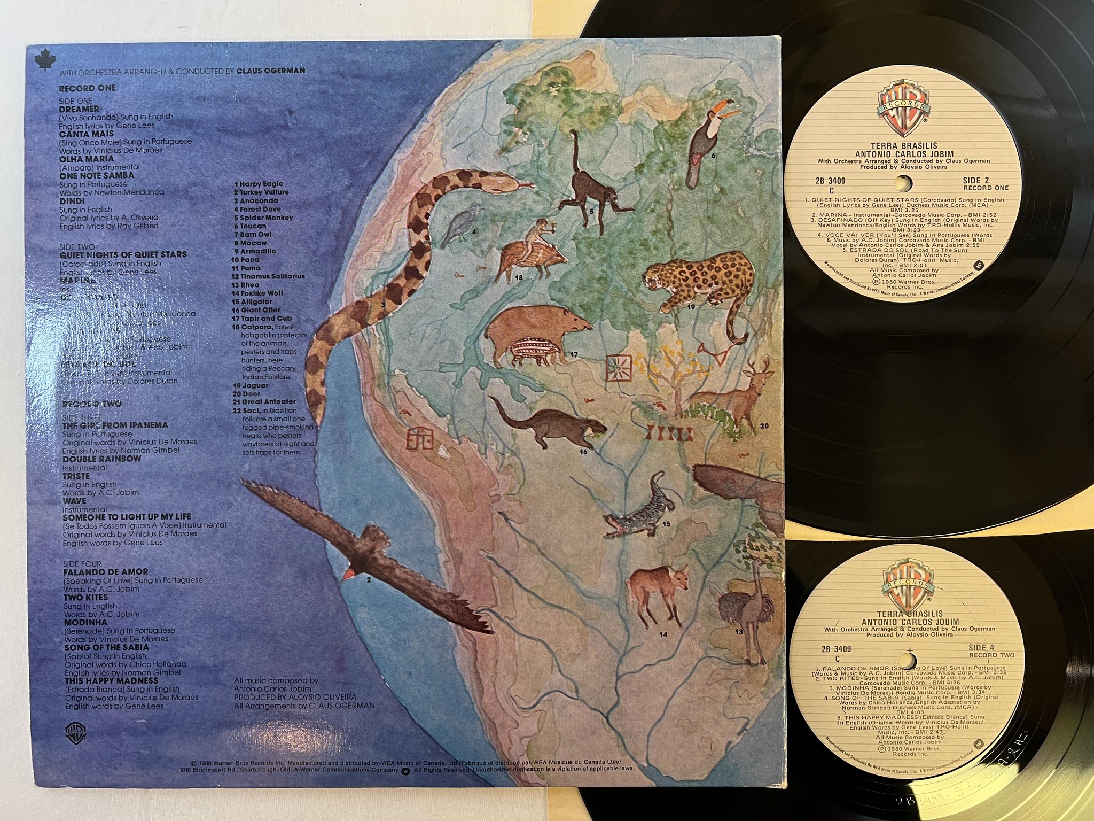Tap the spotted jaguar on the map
[697, 283]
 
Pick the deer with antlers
[740, 396]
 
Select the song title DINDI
[72, 201]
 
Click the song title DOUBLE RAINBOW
[102, 459]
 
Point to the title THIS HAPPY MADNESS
[111, 681]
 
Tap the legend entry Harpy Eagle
[261, 184]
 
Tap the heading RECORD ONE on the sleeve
[87, 88]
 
